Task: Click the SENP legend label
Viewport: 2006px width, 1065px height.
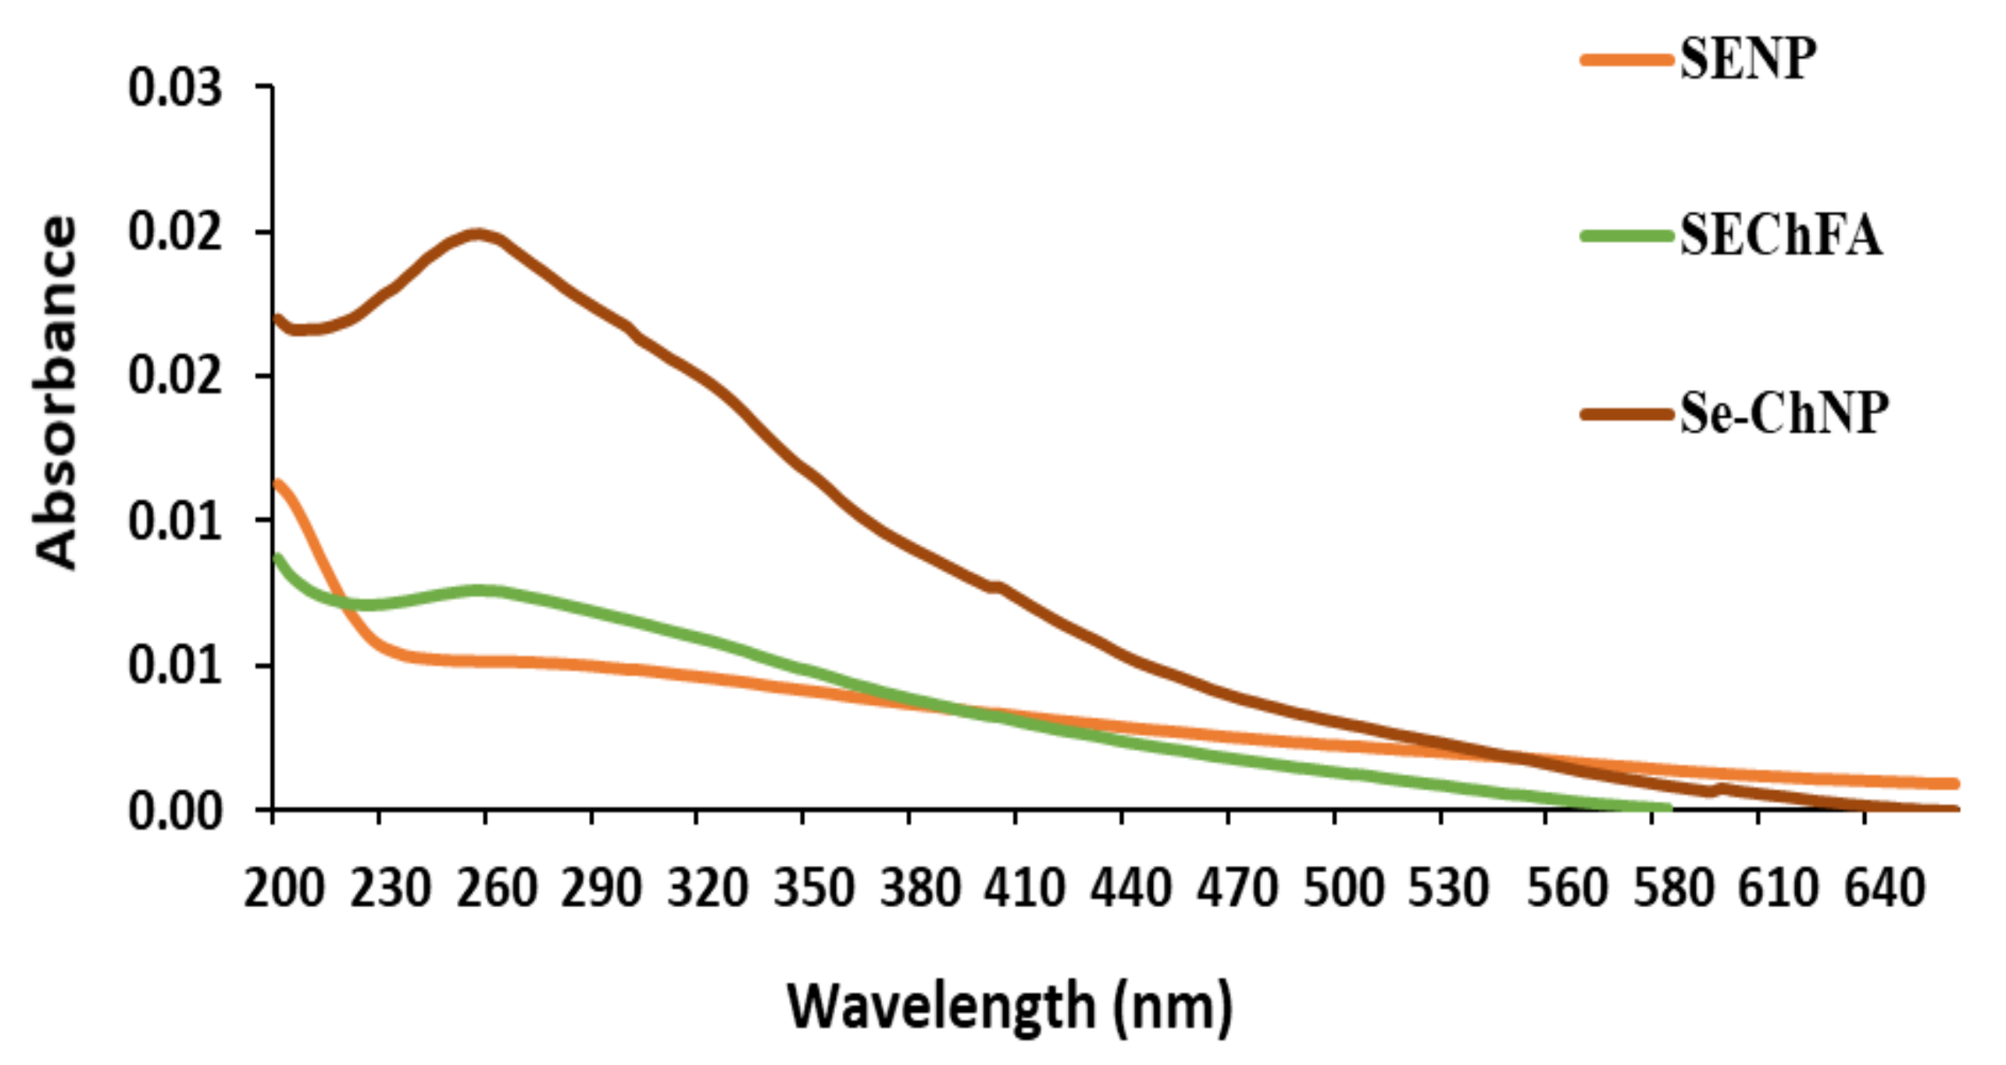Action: point(1747,59)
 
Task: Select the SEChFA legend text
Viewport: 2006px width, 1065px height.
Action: point(1781,235)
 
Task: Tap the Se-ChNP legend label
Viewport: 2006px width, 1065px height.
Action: point(1784,413)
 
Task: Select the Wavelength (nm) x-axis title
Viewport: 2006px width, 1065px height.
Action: point(1009,1008)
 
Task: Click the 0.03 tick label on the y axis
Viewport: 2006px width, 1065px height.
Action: point(175,88)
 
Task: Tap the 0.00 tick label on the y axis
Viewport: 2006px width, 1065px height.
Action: point(175,811)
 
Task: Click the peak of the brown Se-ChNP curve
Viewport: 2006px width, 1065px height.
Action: point(478,234)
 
